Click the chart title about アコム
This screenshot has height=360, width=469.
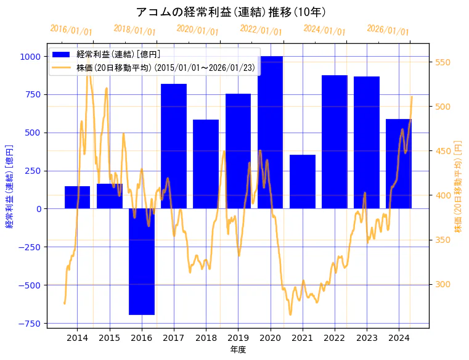click(230, 12)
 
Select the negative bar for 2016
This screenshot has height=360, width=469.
click(142, 261)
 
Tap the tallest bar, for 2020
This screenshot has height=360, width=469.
click(270, 133)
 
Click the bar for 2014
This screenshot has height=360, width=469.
click(77, 197)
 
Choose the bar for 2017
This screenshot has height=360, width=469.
click(174, 146)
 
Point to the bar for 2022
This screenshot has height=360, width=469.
click(335, 142)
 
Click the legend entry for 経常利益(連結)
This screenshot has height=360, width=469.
click(117, 54)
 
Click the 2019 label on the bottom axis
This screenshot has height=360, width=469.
click(238, 338)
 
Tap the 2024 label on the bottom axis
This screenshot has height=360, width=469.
click(399, 338)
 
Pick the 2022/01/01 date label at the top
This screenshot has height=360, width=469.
click(261, 30)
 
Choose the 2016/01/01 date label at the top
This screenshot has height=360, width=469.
click(71, 30)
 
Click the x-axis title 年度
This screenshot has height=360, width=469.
click(238, 350)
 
